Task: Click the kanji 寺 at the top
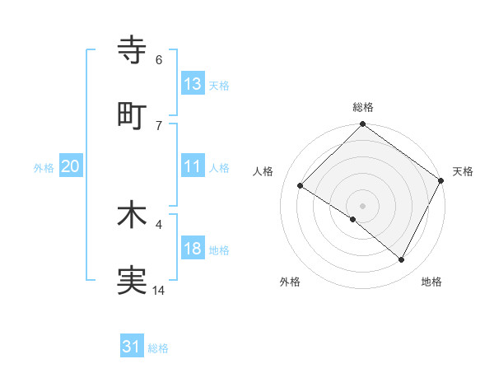[133, 49]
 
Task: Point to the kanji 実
[133, 281]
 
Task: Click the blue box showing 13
[193, 83]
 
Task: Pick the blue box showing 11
[193, 166]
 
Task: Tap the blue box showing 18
[193, 249]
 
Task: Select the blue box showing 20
[70, 166]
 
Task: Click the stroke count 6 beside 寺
[159, 59]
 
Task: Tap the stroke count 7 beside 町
[159, 125]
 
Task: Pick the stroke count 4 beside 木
[159, 223]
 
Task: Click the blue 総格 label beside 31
[158, 348]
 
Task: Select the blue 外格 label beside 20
[44, 168]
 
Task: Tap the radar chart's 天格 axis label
[463, 171]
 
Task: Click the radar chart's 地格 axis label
[431, 282]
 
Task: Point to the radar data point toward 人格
[301, 186]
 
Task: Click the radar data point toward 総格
[362, 125]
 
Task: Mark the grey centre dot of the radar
[362, 204]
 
